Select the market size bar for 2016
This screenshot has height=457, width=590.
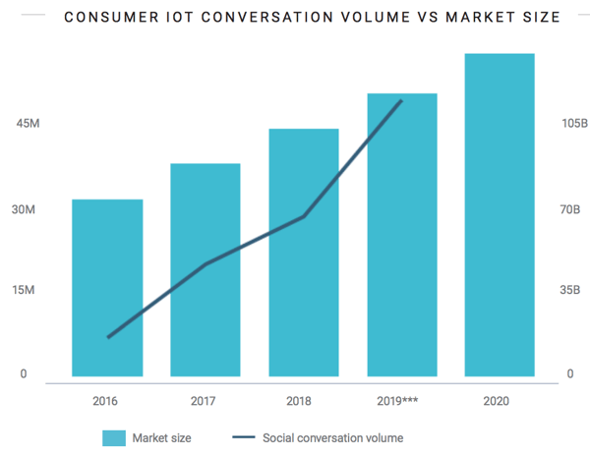click(x=107, y=287)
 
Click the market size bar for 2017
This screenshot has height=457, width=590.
click(x=206, y=269)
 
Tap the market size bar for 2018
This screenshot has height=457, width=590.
click(x=304, y=252)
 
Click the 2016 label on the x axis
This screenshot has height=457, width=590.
click(x=107, y=401)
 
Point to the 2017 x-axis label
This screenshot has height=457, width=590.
click(x=206, y=401)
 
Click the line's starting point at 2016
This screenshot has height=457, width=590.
click(x=109, y=337)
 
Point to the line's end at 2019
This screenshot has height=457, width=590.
click(x=401, y=101)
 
